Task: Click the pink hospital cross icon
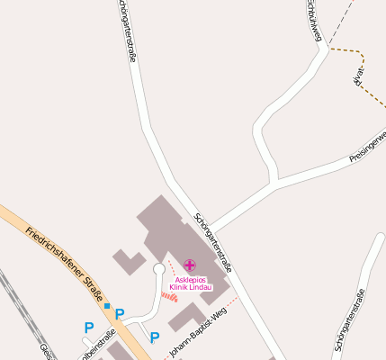click(x=189, y=265)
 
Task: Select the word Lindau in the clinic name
click(x=200, y=287)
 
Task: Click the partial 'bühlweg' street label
click(x=313, y=20)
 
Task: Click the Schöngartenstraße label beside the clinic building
click(x=214, y=243)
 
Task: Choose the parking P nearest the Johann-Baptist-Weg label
click(x=155, y=337)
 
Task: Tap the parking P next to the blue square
click(x=120, y=314)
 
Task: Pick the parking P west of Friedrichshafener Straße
click(x=88, y=328)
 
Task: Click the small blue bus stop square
click(x=107, y=306)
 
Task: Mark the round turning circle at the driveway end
click(x=159, y=268)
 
